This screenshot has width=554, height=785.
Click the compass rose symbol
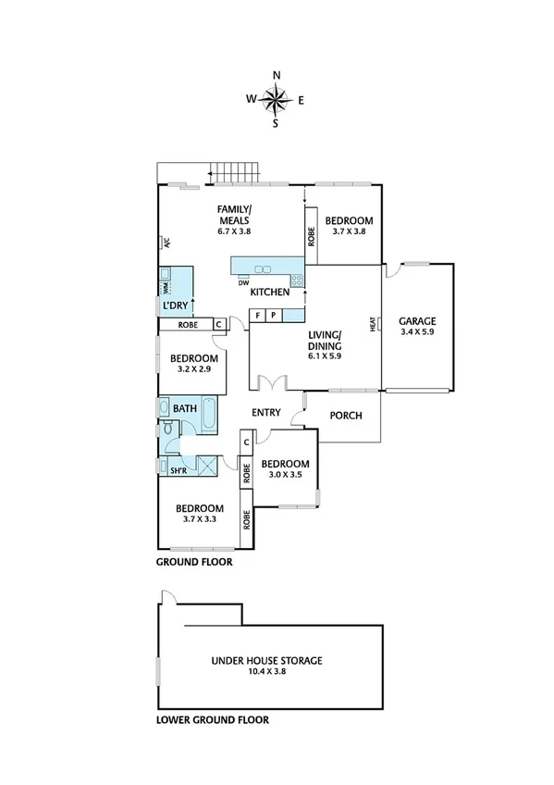(276, 97)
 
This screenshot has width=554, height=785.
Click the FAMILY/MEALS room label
(234, 215)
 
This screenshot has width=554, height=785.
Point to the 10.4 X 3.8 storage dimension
(266, 673)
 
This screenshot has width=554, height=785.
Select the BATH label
(185, 408)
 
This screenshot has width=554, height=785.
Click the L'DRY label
(176, 305)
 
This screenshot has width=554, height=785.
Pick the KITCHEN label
(270, 293)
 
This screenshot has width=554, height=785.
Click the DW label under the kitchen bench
(242, 283)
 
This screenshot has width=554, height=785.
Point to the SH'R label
(179, 471)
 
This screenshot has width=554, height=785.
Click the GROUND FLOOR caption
(193, 562)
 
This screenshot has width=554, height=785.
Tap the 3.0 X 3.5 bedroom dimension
(285, 475)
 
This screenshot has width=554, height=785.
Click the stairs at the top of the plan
(232, 172)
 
